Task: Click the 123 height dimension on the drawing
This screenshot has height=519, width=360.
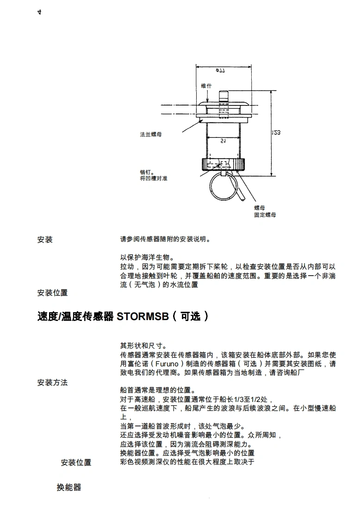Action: point(276,133)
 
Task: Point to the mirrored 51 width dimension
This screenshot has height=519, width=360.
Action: point(223,140)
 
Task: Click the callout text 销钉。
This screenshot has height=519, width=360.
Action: point(147,172)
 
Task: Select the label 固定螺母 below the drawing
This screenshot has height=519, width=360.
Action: point(265,215)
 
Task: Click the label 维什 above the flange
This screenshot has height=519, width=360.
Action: point(206,86)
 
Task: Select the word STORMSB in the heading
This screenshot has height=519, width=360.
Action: point(140,316)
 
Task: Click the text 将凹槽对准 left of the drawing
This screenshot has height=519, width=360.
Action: point(153,178)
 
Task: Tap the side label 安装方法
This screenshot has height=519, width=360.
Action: point(52,383)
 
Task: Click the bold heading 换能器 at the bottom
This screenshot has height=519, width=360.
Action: point(68,488)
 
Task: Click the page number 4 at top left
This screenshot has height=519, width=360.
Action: point(39,12)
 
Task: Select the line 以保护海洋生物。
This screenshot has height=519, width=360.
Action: point(147,257)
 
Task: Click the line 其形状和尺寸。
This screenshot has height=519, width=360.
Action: point(143,346)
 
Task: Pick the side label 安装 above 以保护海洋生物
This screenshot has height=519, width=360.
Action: point(45,240)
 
